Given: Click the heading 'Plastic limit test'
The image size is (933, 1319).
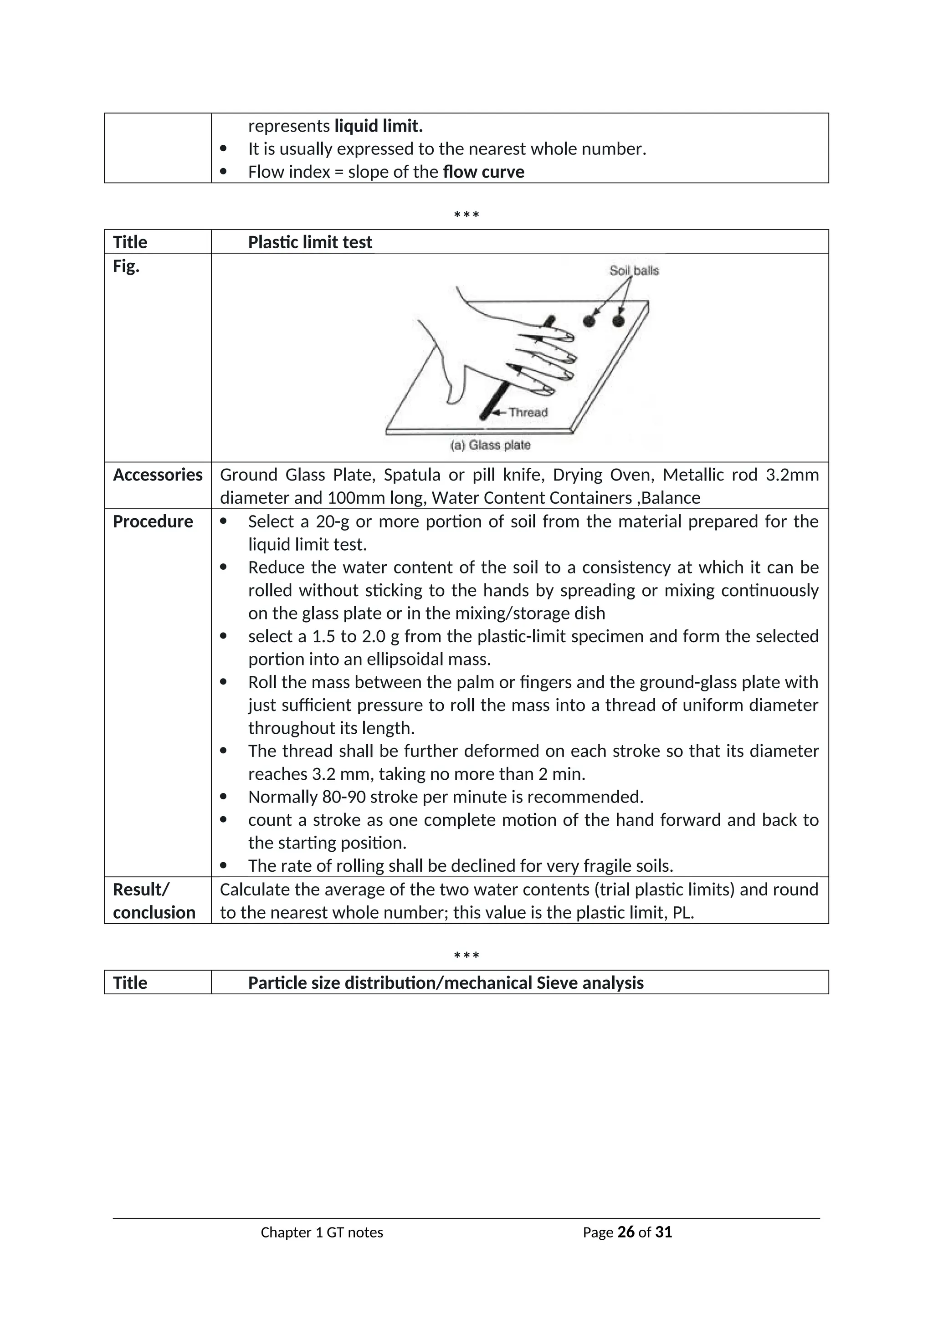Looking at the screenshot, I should point(310,242).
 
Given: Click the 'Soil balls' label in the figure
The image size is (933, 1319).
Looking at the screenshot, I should point(634,271).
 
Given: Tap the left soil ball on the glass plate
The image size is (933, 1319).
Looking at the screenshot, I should point(589,321).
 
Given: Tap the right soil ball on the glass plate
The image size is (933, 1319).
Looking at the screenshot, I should point(618,321).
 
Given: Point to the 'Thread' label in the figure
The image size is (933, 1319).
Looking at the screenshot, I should point(528,413).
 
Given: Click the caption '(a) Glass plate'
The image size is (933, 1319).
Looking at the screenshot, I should point(490,445).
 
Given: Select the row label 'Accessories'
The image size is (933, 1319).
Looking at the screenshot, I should point(158,475).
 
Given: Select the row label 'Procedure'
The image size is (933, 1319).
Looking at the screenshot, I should point(153,521).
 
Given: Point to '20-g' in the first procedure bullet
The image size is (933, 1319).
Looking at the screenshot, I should point(332,521).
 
